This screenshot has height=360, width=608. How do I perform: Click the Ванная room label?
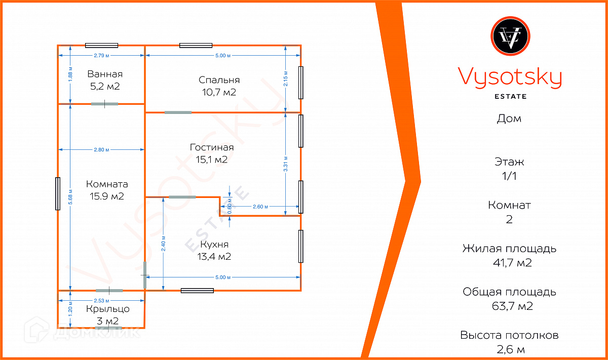[x=104, y=80]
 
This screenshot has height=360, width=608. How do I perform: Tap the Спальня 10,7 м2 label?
[x=219, y=86]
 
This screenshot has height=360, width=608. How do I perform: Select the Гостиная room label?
[x=212, y=153]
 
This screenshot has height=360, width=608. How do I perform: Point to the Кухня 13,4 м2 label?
[x=214, y=250]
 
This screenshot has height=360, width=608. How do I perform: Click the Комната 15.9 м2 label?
[x=107, y=190]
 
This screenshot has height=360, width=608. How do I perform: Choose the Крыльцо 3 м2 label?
[x=107, y=314]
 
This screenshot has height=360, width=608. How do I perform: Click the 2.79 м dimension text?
[x=101, y=55]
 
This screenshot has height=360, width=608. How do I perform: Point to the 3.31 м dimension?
[x=286, y=164]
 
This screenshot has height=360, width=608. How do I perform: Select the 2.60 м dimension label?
[x=260, y=207]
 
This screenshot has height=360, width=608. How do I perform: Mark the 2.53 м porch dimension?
[x=101, y=300]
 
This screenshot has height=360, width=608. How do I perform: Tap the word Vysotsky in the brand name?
[x=510, y=78]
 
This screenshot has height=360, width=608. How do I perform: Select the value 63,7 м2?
[x=509, y=306]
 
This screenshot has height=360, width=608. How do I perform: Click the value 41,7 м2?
[x=509, y=263]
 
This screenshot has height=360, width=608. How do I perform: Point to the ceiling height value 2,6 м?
[x=509, y=349]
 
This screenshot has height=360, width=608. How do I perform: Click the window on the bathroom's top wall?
[x=101, y=45]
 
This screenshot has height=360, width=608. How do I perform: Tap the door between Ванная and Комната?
[x=104, y=104]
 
